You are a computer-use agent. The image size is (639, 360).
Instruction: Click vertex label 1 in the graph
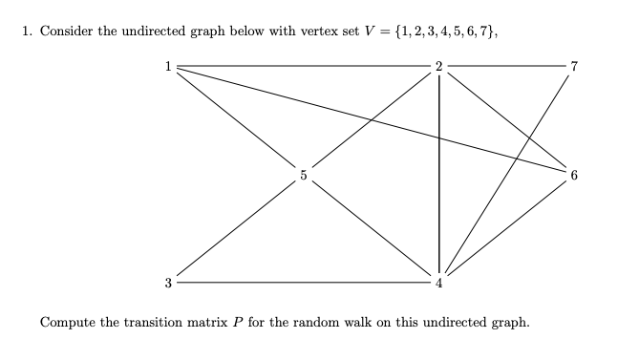point(167,66)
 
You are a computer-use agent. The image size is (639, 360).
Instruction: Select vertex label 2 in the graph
point(438,66)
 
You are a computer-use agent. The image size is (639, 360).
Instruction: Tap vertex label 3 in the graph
point(167,283)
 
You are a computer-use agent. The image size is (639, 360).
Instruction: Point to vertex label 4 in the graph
point(438,284)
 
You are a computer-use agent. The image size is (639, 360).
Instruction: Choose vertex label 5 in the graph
point(303,175)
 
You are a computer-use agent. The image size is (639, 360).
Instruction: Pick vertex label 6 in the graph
point(574,175)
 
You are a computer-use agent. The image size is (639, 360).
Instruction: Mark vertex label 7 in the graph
point(574,66)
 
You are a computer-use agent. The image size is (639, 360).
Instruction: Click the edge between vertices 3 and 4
point(303,283)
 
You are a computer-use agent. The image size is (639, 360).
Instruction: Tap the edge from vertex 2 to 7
point(506,66)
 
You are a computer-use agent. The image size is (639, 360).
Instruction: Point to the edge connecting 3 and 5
point(235,229)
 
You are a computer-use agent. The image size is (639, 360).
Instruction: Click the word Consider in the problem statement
point(68,32)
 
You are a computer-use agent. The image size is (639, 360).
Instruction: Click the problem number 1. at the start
point(27,32)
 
